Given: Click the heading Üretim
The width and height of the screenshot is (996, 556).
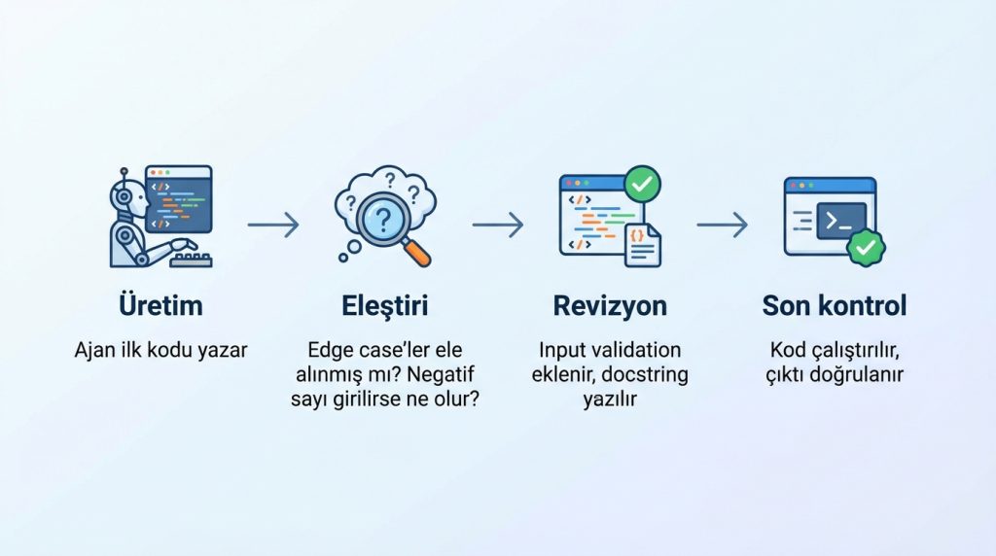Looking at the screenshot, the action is [160, 305].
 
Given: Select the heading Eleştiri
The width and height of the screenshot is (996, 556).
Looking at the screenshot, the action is [385, 305].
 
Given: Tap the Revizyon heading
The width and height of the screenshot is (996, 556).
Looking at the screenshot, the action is [610, 305].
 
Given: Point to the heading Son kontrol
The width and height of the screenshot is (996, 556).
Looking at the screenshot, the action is [835, 305].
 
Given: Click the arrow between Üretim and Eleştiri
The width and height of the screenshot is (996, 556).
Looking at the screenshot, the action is [273, 226].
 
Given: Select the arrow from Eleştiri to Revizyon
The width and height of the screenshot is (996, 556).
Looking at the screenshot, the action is [498, 226].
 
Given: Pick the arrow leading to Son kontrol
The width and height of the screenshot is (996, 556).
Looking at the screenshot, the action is [723, 226].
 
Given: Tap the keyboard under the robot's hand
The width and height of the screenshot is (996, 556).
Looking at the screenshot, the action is [194, 259].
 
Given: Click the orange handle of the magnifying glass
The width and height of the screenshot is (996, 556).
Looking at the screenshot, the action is [415, 252].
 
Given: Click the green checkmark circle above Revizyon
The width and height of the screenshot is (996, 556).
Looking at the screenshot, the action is [642, 182].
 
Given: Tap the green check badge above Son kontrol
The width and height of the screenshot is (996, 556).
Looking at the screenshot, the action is [865, 247].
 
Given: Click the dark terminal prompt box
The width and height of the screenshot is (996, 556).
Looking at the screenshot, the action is [835, 219].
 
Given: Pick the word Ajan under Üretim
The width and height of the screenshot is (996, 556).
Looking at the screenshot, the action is [94, 350].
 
